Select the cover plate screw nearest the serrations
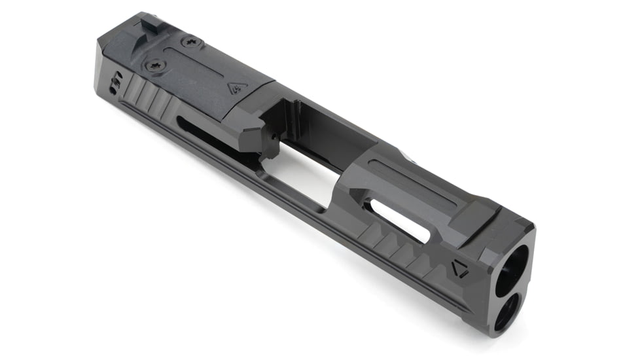pyautogui.click(x=154, y=65)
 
